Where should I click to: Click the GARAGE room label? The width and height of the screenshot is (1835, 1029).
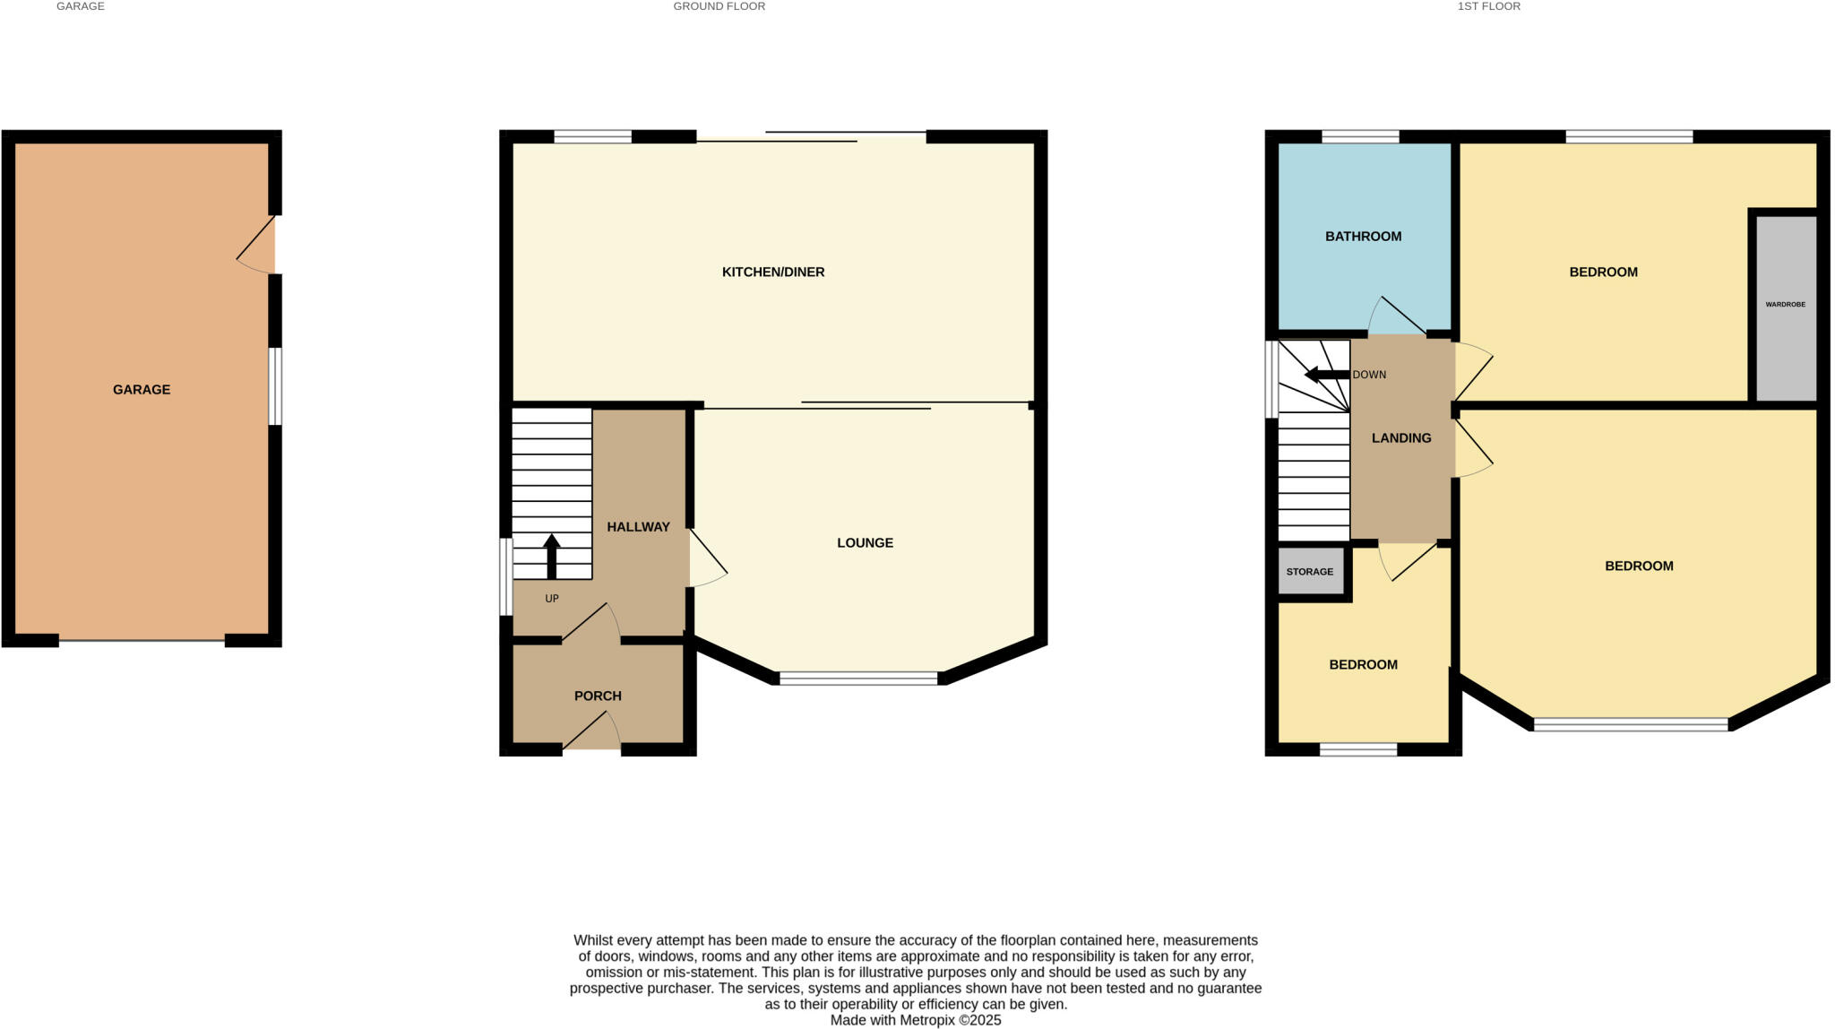[142, 390]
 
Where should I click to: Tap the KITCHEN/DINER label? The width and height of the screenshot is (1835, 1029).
[773, 272]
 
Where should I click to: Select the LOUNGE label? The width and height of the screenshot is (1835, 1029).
[865, 543]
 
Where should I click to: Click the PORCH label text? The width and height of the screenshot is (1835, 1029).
[598, 696]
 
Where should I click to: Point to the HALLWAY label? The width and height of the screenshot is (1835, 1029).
[638, 527]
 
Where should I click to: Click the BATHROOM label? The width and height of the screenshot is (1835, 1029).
[1363, 237]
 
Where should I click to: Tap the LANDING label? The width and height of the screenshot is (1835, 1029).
[1401, 438]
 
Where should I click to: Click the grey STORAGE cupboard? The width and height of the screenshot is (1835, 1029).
[1310, 572]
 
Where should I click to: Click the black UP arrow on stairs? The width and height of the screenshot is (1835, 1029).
[551, 556]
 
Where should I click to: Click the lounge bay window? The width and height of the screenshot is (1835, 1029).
[858, 679]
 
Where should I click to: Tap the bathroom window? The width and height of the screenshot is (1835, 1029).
[1360, 137]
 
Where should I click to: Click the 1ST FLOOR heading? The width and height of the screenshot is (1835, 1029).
[1488, 6]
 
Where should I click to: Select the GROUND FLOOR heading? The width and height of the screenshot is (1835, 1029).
[719, 6]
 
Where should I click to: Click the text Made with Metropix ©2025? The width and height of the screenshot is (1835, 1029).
[915, 1020]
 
